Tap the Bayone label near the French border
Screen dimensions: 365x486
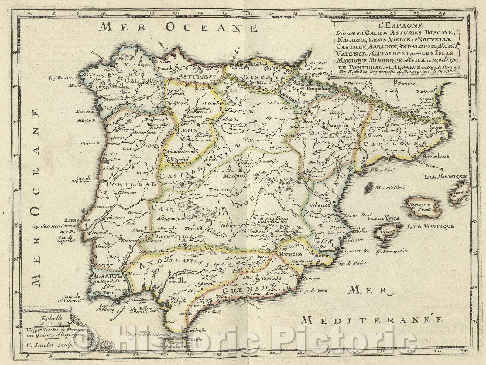[319, 63]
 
